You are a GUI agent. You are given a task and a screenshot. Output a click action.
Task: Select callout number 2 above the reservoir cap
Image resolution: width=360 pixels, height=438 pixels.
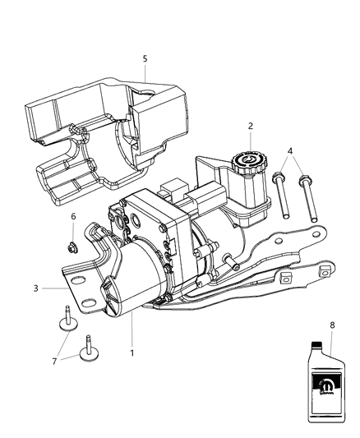(250, 127)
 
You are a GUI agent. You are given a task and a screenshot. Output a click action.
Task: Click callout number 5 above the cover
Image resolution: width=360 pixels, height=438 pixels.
(145, 58)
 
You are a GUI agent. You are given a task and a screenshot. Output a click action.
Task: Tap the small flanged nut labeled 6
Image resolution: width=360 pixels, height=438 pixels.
(72, 244)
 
